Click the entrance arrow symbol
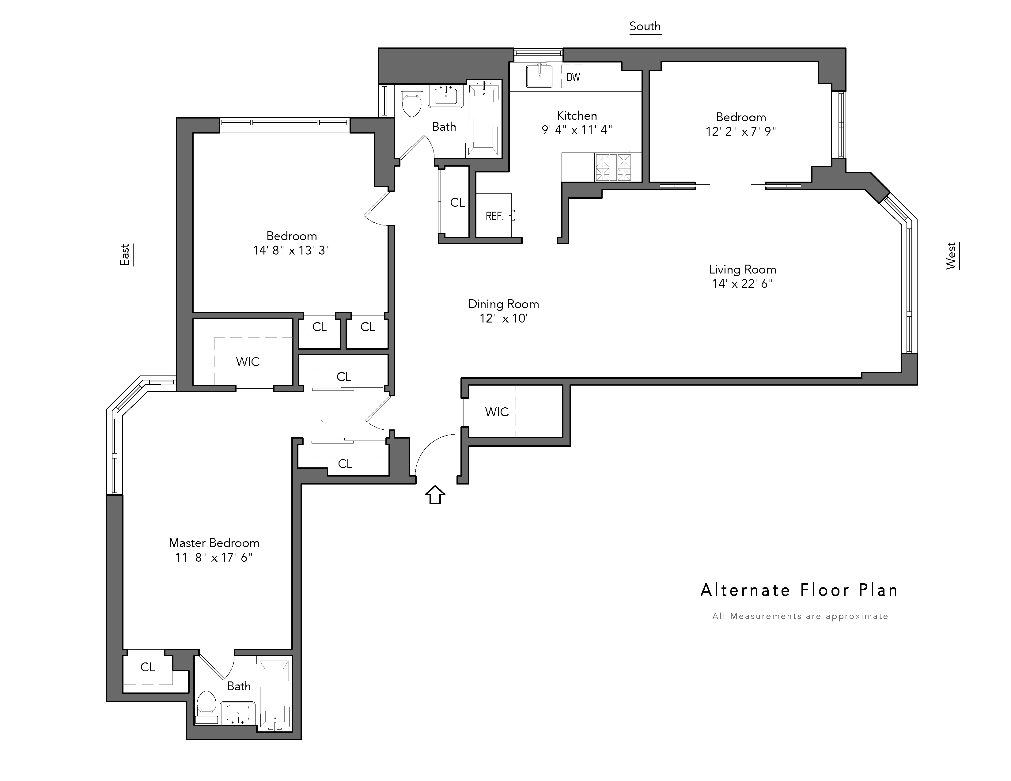click(x=435, y=495)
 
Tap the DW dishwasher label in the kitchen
click(x=573, y=77)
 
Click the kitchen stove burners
click(x=613, y=167)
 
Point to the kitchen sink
click(x=539, y=76)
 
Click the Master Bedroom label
click(x=214, y=543)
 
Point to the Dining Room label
click(x=504, y=304)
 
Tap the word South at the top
click(x=645, y=26)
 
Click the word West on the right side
click(x=951, y=256)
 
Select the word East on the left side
click(x=124, y=255)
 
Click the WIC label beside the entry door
click(x=497, y=412)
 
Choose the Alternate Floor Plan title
click(x=799, y=590)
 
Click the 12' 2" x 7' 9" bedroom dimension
click(x=741, y=131)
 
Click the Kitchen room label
click(x=577, y=116)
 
